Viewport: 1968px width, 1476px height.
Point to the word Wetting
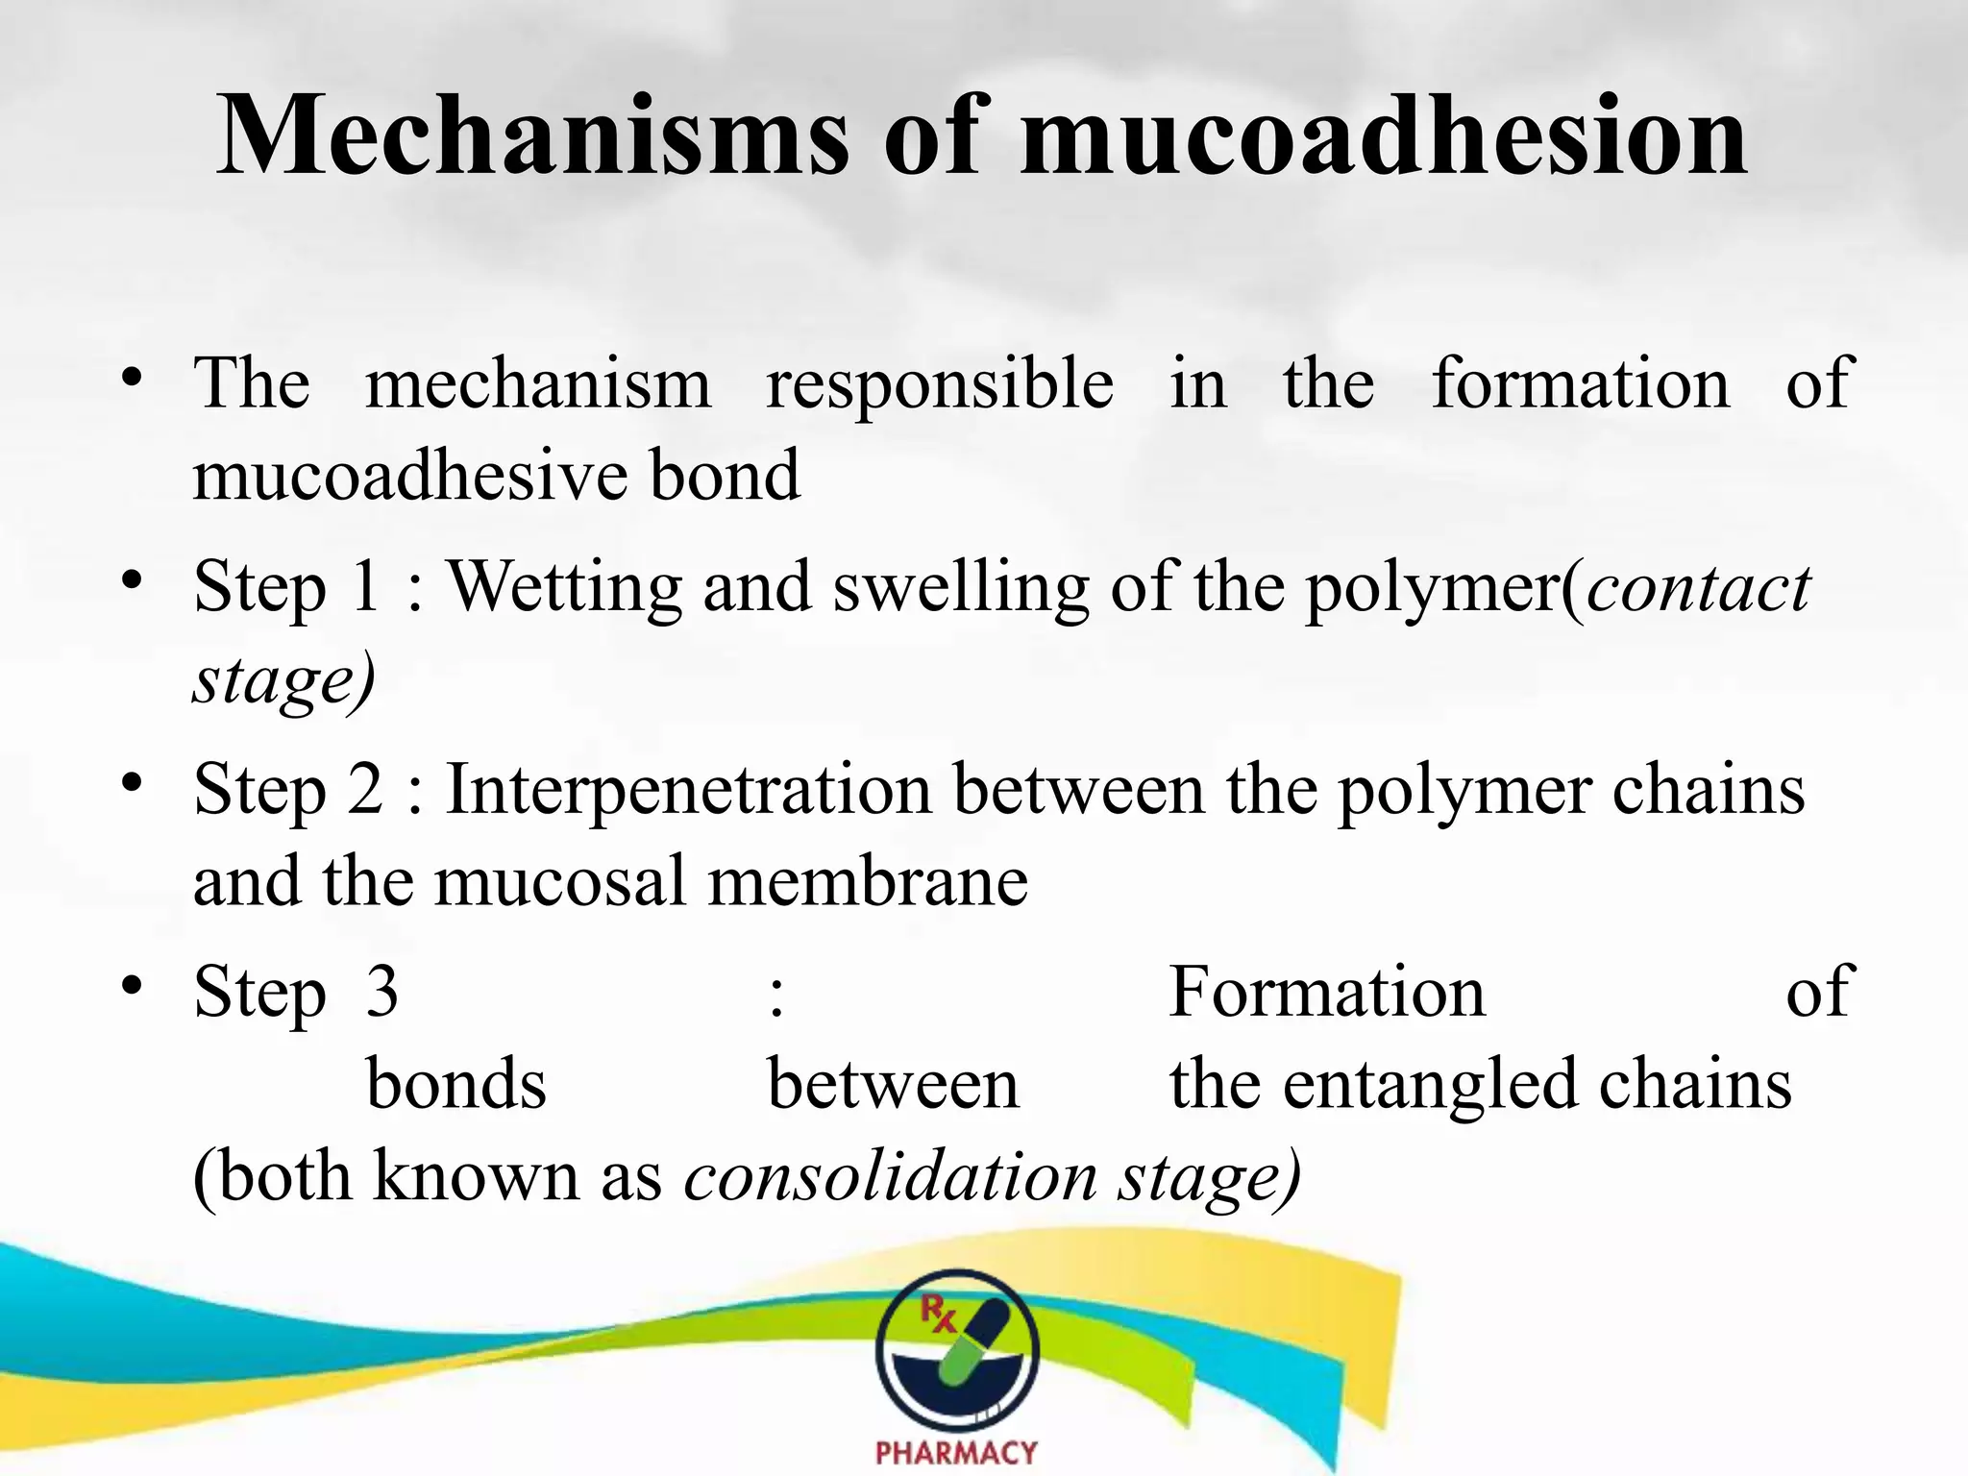tap(565, 586)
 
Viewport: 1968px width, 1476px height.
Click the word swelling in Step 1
tap(960, 588)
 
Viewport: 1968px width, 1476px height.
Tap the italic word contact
tap(1699, 588)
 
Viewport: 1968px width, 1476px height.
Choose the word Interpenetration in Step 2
tap(688, 790)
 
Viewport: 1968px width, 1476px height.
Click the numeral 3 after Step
tap(381, 992)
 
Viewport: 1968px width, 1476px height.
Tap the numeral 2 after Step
tap(365, 790)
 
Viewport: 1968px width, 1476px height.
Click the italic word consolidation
tap(891, 1176)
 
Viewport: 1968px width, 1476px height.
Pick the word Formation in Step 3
tap(1327, 992)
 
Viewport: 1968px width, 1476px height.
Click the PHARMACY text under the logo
tap(956, 1452)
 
